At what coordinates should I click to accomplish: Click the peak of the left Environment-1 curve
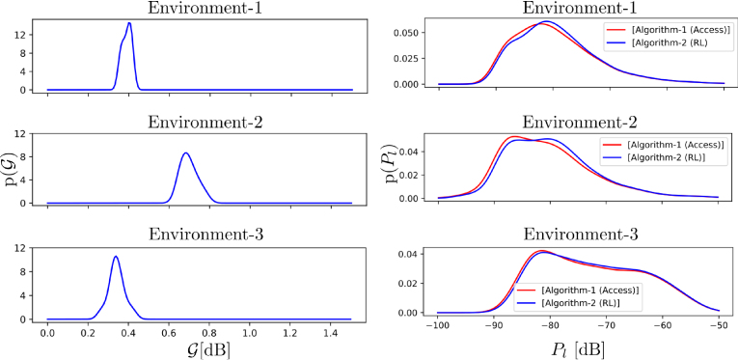(128, 23)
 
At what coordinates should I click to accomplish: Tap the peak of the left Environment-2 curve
(185, 153)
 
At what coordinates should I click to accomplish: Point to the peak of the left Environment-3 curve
(116, 257)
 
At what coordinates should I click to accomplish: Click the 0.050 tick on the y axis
(406, 33)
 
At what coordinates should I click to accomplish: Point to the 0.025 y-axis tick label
(406, 59)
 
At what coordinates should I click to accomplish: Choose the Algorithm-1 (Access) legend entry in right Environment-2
(665, 143)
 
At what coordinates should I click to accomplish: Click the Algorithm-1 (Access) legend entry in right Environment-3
(590, 289)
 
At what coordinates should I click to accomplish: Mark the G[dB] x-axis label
(199, 350)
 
